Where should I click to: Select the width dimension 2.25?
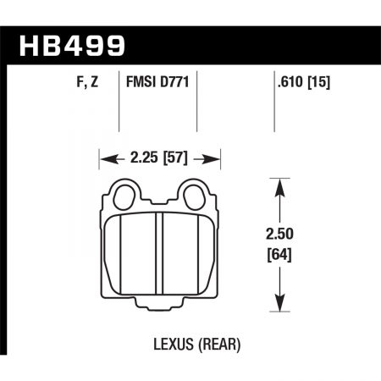click(142, 156)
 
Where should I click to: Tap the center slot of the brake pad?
click(161, 254)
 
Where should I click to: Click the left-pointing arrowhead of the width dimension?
click(105, 156)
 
